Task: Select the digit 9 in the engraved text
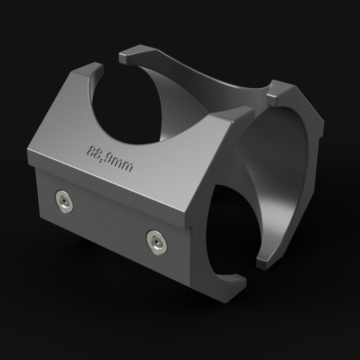click(112, 160)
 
